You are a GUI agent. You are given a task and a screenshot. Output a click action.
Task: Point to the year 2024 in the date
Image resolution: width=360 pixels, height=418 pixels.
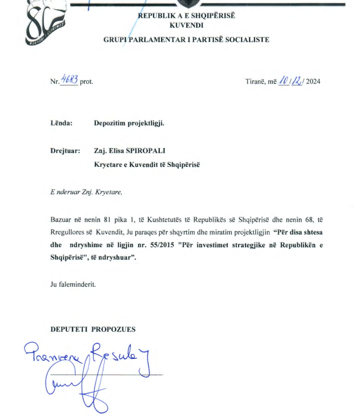tap(313, 81)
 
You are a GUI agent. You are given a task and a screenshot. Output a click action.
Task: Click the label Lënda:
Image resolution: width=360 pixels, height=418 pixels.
tap(61, 123)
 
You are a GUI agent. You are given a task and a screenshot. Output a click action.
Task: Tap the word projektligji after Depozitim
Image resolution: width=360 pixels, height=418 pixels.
tap(146, 123)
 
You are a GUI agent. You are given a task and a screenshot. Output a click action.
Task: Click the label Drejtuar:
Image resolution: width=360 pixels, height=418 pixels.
tap(65, 151)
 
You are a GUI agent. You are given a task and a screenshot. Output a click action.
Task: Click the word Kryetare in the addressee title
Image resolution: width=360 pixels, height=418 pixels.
tap(109, 165)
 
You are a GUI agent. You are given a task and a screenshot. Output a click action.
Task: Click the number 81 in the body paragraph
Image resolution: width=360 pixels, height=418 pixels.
tap(108, 220)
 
